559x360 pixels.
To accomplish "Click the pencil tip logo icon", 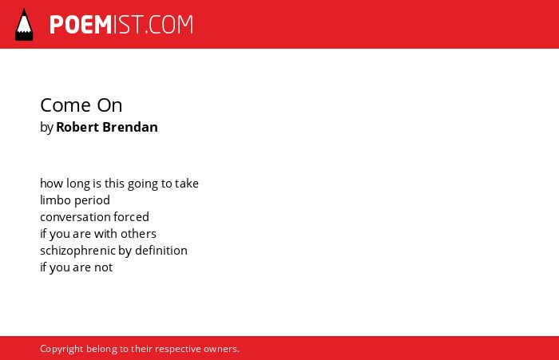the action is [24, 25].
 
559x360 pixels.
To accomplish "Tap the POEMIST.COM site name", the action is [121, 25].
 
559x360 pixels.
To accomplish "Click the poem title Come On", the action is [81, 105].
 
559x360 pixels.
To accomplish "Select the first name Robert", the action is [77, 127].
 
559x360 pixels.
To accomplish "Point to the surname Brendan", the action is [129, 127].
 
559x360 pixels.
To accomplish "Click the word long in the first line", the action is [78, 184].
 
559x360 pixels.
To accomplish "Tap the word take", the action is [187, 184].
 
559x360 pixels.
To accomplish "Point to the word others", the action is [138, 234].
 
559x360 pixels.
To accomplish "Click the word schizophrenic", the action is [77, 251].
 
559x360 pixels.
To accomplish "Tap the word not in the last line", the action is [103, 267].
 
